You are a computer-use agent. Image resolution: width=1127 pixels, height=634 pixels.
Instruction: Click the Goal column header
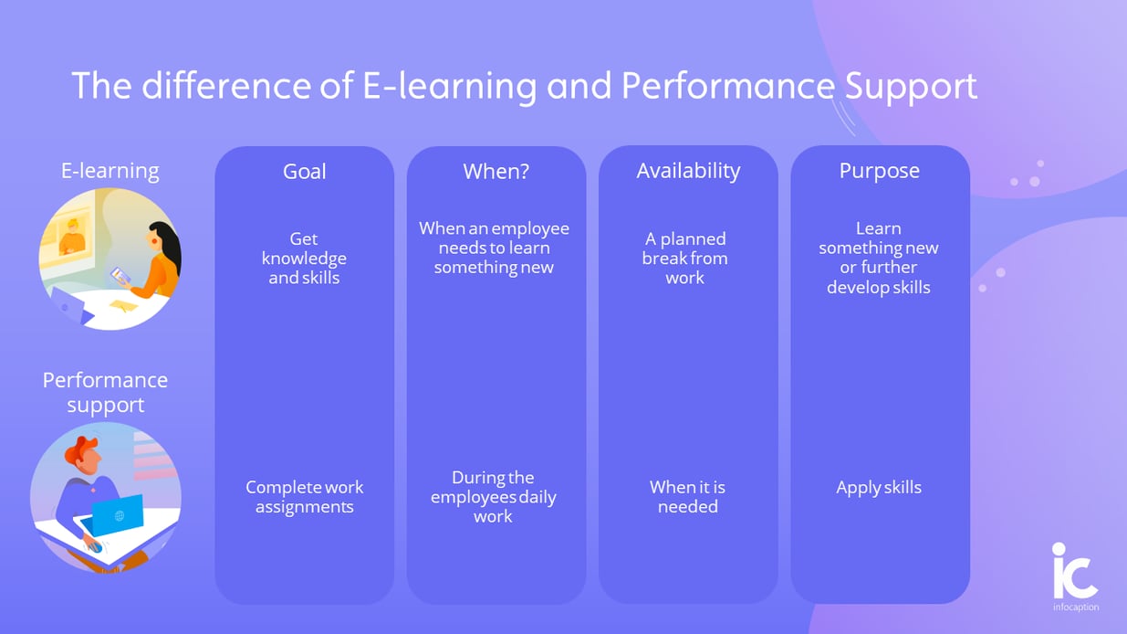click(x=304, y=172)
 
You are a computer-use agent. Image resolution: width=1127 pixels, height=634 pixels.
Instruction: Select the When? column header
click(x=496, y=172)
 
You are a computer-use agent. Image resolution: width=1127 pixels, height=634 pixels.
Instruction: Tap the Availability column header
click(x=688, y=171)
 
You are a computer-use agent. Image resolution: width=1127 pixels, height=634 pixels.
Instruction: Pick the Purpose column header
click(x=879, y=171)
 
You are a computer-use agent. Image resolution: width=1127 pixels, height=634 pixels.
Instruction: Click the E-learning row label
click(x=110, y=171)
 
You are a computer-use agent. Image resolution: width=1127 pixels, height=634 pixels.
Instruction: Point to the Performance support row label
click(x=105, y=392)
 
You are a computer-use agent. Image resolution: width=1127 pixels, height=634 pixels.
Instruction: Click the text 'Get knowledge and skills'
click(x=304, y=258)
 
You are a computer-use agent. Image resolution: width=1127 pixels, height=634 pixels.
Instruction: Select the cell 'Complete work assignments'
click(x=304, y=497)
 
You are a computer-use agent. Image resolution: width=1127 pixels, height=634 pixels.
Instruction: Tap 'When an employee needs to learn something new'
click(x=494, y=248)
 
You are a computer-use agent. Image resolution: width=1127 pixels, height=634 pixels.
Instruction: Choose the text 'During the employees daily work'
click(x=494, y=496)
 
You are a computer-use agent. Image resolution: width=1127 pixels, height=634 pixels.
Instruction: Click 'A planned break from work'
click(x=685, y=258)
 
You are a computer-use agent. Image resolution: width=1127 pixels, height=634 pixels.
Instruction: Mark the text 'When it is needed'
click(x=687, y=497)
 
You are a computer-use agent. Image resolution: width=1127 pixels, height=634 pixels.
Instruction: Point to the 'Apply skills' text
click(x=879, y=488)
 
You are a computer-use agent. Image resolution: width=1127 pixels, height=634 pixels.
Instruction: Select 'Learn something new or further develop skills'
click(x=878, y=258)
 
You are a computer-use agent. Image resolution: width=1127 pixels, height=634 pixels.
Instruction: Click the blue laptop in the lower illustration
click(x=117, y=514)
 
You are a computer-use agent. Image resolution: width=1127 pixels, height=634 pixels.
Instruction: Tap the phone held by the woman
click(x=118, y=273)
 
